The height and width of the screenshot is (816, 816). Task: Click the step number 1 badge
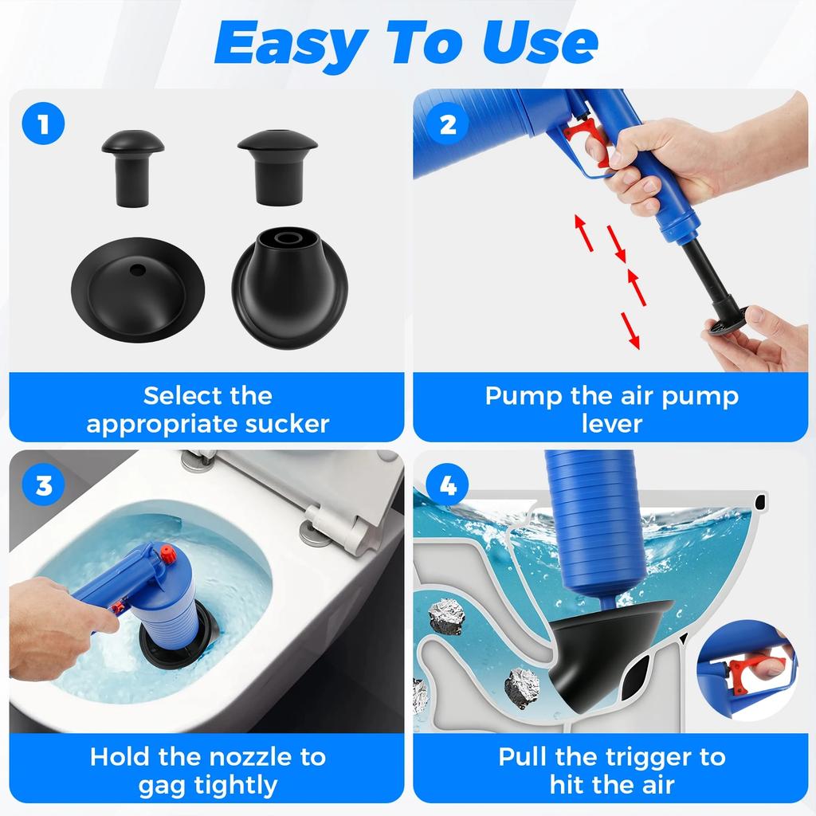click(x=42, y=124)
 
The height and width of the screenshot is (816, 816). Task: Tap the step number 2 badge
click(x=448, y=124)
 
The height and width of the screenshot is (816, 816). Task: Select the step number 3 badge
click(x=42, y=484)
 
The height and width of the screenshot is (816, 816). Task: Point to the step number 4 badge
click(x=448, y=484)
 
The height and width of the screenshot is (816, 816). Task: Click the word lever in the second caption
click(x=611, y=424)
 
